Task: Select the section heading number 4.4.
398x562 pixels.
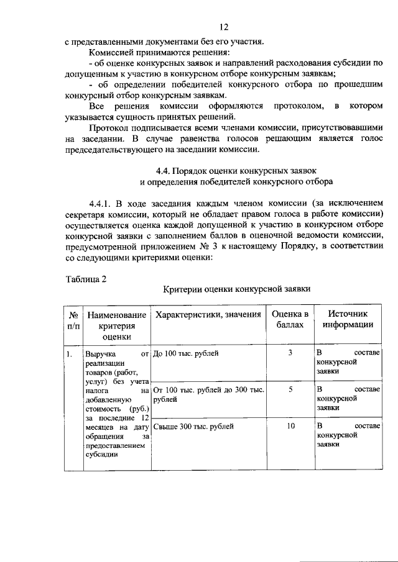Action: (x=164, y=170)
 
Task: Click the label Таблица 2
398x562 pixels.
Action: (x=86, y=278)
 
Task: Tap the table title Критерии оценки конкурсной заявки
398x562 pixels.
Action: (x=236, y=289)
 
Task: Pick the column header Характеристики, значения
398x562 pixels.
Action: (x=208, y=315)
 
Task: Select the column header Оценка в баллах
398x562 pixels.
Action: (x=290, y=319)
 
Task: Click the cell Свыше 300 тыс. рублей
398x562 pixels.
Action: (x=193, y=427)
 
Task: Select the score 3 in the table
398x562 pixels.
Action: (x=290, y=353)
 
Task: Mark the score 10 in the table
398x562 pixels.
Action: (x=290, y=426)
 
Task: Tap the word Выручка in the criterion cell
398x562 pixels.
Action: (x=101, y=355)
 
